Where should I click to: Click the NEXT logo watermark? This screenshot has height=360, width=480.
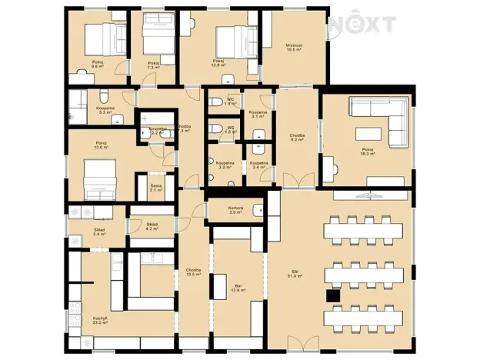362,25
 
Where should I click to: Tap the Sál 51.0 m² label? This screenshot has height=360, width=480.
293,273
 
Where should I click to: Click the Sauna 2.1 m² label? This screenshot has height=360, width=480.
155,188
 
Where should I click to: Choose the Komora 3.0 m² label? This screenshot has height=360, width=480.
236,210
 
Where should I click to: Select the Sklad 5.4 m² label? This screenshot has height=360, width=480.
100,231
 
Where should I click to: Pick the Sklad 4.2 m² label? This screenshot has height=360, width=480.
152,226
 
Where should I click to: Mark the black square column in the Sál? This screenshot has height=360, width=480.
332,295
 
